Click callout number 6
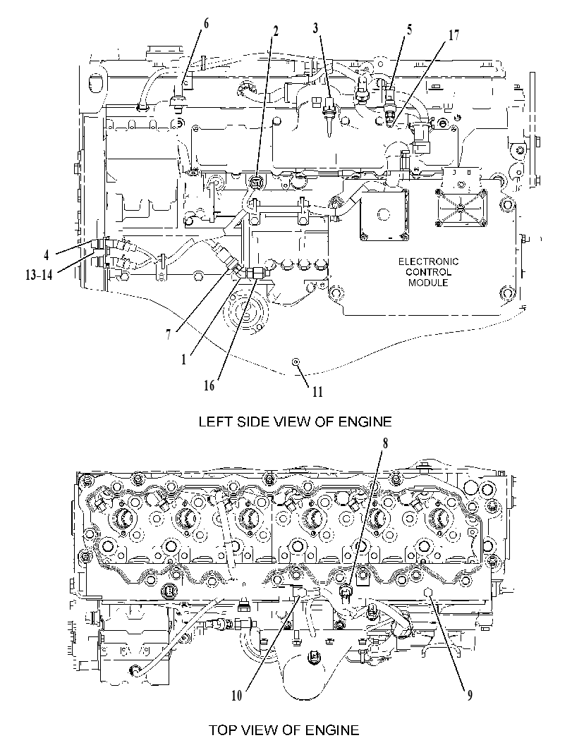[x=206, y=23]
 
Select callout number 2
[x=275, y=30]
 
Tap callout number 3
[x=316, y=27]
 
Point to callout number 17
[x=454, y=35]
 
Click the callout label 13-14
[x=39, y=275]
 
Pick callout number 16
[x=209, y=386]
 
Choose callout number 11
[x=317, y=391]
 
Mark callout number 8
[x=385, y=443]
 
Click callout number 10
[x=237, y=696]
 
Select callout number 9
[x=470, y=696]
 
